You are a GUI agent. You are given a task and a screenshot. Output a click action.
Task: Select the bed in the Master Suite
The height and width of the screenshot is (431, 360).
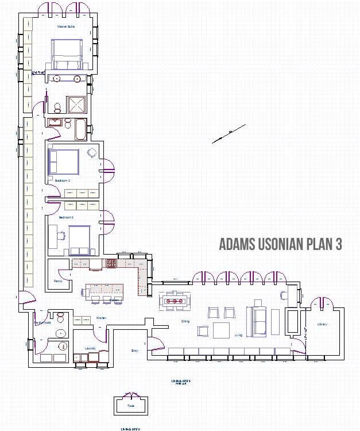[67, 53]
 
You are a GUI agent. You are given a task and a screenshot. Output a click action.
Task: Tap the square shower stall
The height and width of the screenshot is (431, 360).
[78, 105]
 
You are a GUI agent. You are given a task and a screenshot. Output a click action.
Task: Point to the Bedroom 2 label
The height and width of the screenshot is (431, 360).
[63, 180]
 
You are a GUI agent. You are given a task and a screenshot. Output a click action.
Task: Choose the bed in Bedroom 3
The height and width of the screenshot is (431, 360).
[79, 240]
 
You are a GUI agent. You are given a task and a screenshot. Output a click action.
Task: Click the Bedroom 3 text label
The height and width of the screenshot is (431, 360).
[67, 217]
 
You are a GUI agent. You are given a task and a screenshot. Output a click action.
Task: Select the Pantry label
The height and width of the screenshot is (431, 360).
[58, 282]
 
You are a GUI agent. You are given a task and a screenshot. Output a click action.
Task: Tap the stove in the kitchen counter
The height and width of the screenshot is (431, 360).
[110, 263]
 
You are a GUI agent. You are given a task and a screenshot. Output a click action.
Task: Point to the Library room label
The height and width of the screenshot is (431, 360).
[322, 325]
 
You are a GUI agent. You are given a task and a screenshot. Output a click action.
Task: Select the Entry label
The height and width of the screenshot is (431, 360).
[135, 351]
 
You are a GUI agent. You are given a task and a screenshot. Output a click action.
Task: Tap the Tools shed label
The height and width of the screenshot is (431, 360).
[130, 406]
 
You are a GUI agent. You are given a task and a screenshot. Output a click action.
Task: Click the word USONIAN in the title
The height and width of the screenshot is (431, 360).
[273, 244]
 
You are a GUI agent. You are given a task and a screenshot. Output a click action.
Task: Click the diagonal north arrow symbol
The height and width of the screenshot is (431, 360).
[230, 133]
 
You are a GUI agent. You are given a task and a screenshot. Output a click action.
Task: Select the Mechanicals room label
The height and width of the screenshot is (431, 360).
[42, 322]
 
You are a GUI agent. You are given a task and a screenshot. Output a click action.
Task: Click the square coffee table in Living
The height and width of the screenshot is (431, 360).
[222, 330]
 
